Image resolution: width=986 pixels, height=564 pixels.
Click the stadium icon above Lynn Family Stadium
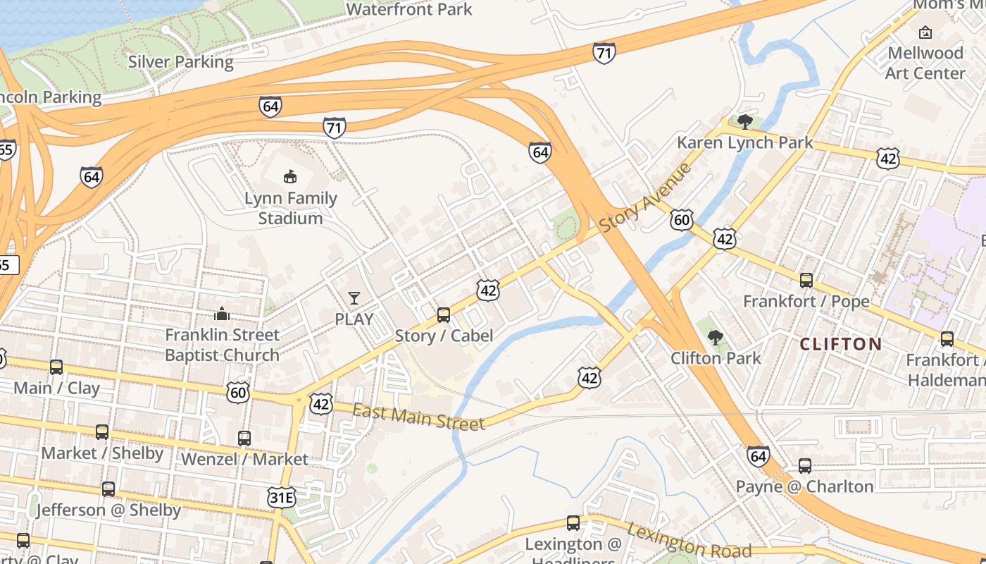(x=289, y=176)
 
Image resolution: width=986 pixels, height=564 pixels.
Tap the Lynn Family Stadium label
(x=290, y=208)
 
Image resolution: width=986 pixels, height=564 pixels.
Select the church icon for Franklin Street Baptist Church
(x=222, y=314)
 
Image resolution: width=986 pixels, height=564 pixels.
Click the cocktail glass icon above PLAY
(x=354, y=298)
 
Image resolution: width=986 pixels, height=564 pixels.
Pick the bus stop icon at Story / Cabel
(x=444, y=314)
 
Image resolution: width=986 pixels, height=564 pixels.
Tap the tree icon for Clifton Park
(x=716, y=338)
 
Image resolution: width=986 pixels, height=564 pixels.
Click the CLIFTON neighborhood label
(x=841, y=344)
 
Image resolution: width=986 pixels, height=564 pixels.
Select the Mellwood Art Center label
(x=925, y=63)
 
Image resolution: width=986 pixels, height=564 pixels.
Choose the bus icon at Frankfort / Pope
(x=806, y=281)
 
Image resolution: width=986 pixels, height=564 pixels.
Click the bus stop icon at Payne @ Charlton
(x=805, y=466)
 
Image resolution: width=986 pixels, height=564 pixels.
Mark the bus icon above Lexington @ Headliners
(x=573, y=523)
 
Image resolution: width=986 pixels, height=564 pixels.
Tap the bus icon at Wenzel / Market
(x=244, y=439)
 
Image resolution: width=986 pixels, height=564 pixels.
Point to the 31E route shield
(x=282, y=498)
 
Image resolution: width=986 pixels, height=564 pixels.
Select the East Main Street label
(x=418, y=417)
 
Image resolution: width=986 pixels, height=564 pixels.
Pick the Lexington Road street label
(x=688, y=541)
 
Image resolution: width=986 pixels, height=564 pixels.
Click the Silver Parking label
(x=180, y=62)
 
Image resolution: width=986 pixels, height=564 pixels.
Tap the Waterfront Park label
(x=408, y=9)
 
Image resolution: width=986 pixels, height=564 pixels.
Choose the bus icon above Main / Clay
(x=56, y=367)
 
